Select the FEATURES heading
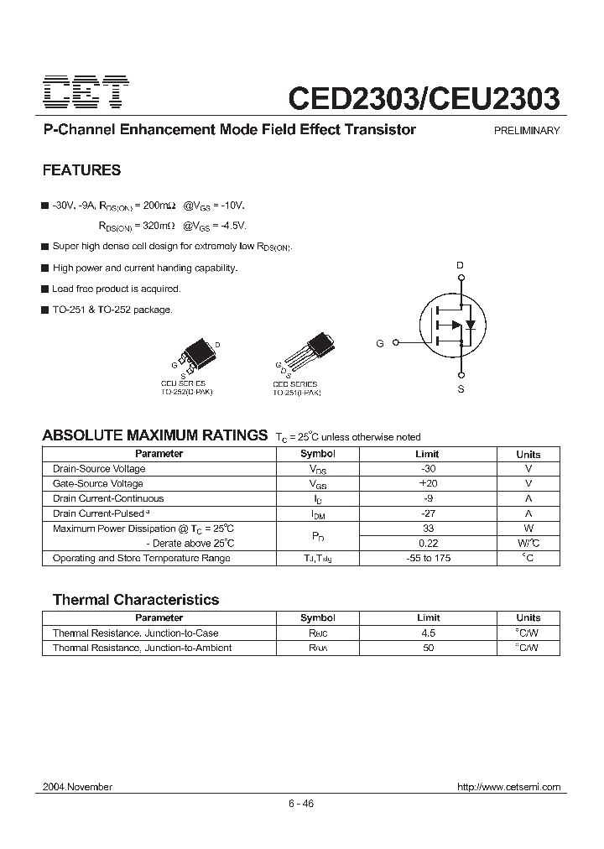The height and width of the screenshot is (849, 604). point(81,170)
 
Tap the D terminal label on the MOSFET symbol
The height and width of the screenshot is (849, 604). point(459,266)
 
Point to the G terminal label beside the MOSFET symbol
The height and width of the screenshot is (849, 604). point(380,343)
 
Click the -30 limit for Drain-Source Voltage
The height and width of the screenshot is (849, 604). point(429,469)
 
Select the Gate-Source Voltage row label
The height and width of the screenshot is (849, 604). point(97,484)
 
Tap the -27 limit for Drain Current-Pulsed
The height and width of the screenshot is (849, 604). point(429,513)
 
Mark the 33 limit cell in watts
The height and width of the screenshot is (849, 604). point(429,529)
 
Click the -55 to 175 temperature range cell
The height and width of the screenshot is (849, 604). point(429,558)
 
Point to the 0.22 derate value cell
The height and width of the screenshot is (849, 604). point(429,543)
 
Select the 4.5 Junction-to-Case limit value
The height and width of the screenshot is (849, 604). point(429,633)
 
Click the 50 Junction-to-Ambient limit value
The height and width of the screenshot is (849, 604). point(429,648)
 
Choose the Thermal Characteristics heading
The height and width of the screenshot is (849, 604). point(135,600)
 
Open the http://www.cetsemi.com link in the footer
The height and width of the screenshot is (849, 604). point(508,787)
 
